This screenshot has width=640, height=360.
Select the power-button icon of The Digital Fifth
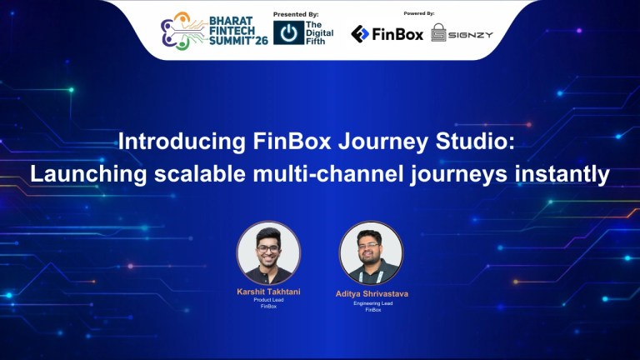click(288, 33)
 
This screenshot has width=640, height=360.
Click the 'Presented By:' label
click(296, 14)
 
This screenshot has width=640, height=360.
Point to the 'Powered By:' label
click(418, 13)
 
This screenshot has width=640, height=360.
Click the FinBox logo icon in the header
click(360, 33)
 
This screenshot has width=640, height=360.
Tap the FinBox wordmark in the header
click(398, 34)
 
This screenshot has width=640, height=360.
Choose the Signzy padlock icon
click(438, 32)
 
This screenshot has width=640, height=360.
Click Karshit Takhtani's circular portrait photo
click(268, 252)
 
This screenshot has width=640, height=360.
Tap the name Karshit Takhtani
click(268, 292)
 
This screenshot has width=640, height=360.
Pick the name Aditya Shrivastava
click(371, 294)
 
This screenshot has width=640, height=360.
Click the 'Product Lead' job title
click(268, 300)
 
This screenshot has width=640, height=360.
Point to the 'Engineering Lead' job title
click(371, 304)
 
